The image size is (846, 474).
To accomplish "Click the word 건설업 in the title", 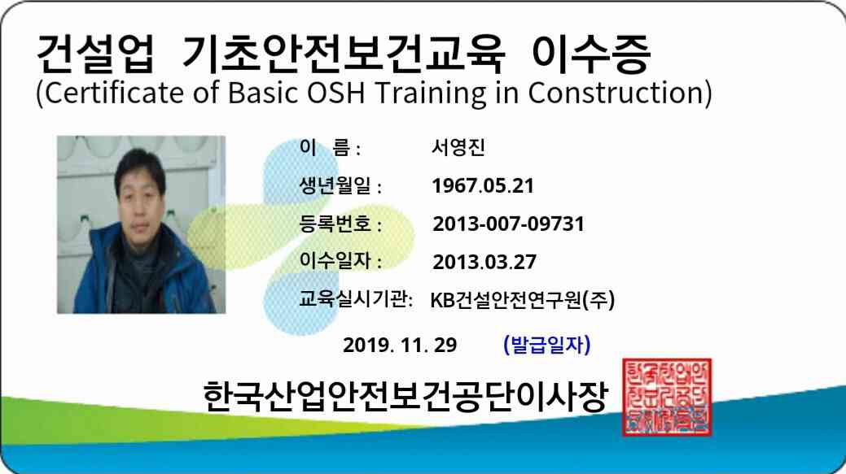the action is click(x=95, y=53).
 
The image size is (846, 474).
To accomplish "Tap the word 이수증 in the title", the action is click(x=591, y=53).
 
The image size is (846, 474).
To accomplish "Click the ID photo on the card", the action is click(x=142, y=224).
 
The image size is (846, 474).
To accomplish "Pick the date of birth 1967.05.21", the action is click(x=483, y=186).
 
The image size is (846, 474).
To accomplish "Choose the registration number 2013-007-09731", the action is click(x=508, y=224).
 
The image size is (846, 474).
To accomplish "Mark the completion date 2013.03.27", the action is click(x=484, y=262).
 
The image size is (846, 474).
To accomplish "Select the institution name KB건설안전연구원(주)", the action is click(x=523, y=300).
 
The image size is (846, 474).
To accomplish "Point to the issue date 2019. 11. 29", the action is click(x=400, y=345).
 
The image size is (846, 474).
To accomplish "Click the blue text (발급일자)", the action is click(x=547, y=345).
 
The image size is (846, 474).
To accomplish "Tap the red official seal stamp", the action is click(x=667, y=397).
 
